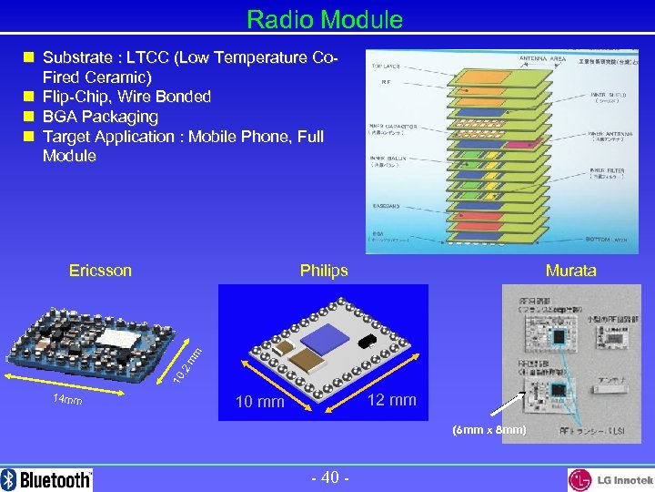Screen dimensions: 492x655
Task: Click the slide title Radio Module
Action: pyautogui.click(x=325, y=19)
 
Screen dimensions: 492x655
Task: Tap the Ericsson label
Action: pyautogui.click(x=100, y=271)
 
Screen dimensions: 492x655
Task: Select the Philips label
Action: pyautogui.click(x=324, y=271)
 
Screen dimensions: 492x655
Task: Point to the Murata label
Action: pyautogui.click(x=570, y=271)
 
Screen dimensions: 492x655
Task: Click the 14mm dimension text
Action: pyautogui.click(x=65, y=400)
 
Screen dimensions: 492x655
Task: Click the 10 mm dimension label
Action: pyautogui.click(x=259, y=402)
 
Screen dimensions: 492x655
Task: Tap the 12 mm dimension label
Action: pyautogui.click(x=391, y=400)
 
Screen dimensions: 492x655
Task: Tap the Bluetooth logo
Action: pyautogui.click(x=47, y=479)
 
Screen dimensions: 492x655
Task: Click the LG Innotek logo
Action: pyautogui.click(x=610, y=479)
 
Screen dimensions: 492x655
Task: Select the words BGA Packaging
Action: pyautogui.click(x=100, y=117)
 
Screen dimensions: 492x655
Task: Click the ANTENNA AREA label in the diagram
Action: pyautogui.click(x=542, y=59)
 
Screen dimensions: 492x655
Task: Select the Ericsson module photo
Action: pyautogui.click(x=96, y=340)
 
